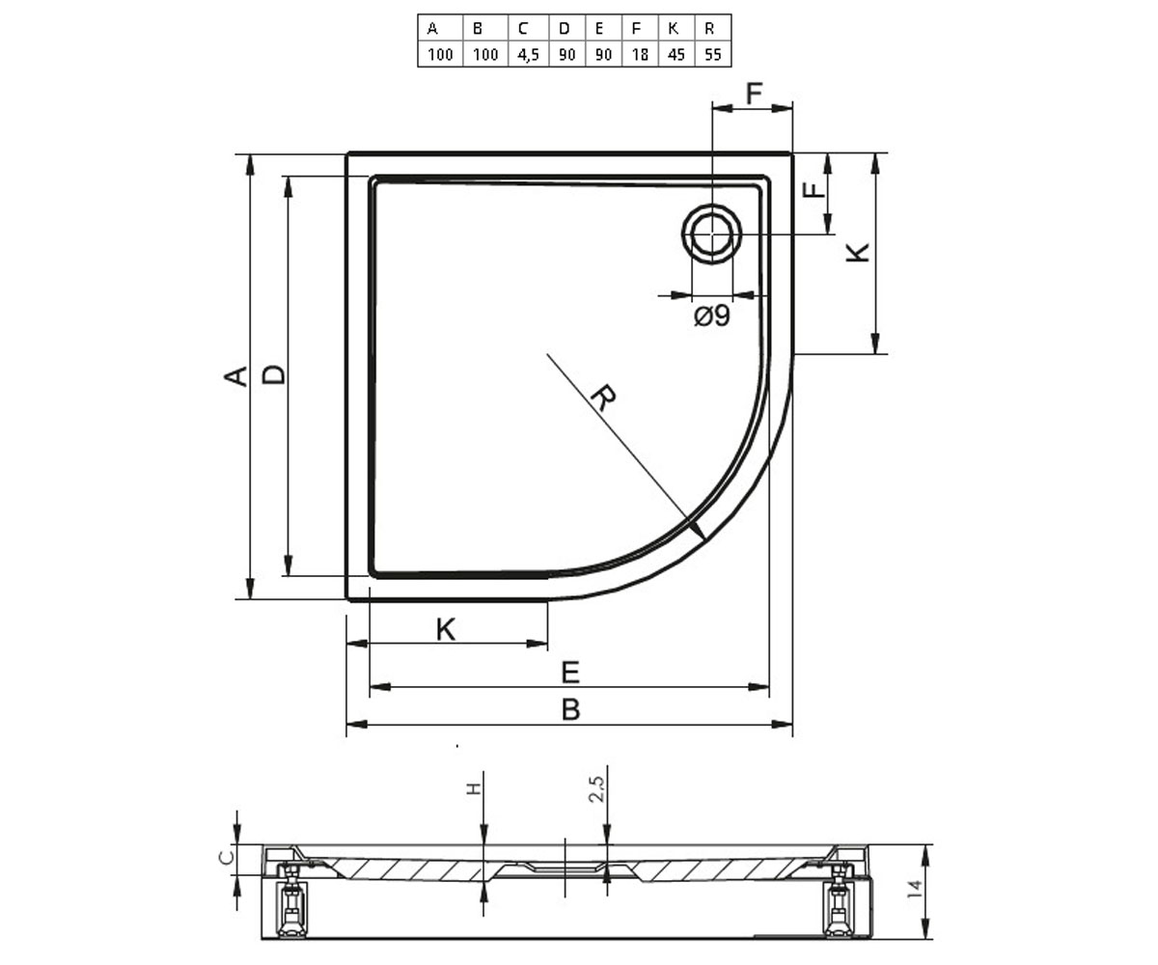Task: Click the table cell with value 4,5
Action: pyautogui.click(x=528, y=54)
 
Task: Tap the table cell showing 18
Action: pyautogui.click(x=640, y=54)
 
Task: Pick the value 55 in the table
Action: pyautogui.click(x=713, y=54)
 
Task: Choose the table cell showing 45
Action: pyautogui.click(x=676, y=54)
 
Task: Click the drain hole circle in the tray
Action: pyautogui.click(x=711, y=234)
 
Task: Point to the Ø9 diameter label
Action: pyautogui.click(x=712, y=316)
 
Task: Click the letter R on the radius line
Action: pyautogui.click(x=603, y=399)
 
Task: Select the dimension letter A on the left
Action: pyautogui.click(x=236, y=376)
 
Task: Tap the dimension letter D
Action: pyautogui.click(x=273, y=375)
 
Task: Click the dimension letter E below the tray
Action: pyautogui.click(x=570, y=673)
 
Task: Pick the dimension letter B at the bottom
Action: pyautogui.click(x=570, y=709)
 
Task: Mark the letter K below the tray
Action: pyautogui.click(x=445, y=629)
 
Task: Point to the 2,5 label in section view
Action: pyautogui.click(x=596, y=788)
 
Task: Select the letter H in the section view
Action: pyautogui.click(x=473, y=788)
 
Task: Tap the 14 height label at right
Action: pyautogui.click(x=915, y=890)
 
